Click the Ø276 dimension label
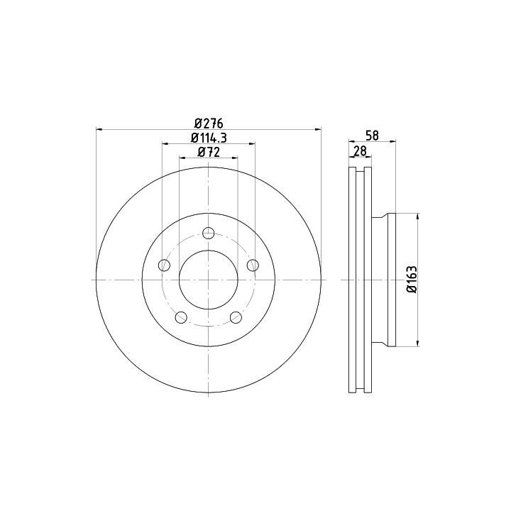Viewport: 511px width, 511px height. pyautogui.click(x=209, y=123)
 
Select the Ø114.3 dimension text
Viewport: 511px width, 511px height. pyautogui.click(x=209, y=138)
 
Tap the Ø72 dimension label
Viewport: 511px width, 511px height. pyautogui.click(x=209, y=152)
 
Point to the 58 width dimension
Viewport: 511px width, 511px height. pyautogui.click(x=372, y=136)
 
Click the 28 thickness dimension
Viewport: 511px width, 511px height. pyautogui.click(x=360, y=151)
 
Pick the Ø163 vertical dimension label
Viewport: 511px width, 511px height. pyautogui.click(x=412, y=280)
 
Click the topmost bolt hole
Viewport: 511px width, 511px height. pyautogui.click(x=208, y=233)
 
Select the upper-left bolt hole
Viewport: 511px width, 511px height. pyautogui.click(x=164, y=265)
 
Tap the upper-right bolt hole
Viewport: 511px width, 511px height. pyautogui.click(x=253, y=265)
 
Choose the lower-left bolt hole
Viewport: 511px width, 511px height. pyautogui.click(x=181, y=317)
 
